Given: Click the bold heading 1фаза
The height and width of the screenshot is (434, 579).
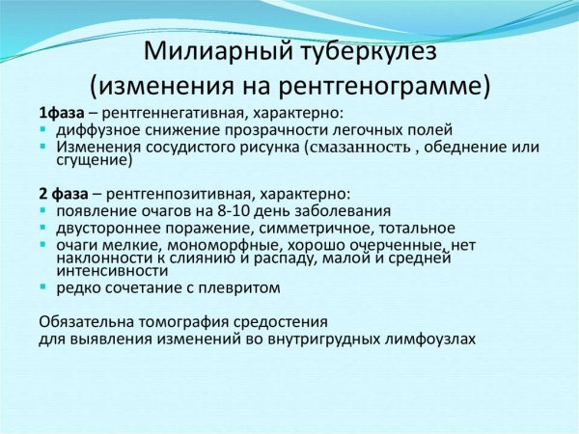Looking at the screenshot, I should click(x=61, y=112).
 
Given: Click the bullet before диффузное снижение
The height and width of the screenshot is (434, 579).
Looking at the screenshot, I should click(x=44, y=130).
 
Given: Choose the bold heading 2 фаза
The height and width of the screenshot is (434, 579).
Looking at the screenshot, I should click(x=63, y=193).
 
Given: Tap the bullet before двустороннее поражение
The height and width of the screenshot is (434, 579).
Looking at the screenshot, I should click(x=44, y=229).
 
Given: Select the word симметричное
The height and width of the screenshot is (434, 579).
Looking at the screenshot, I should click(x=320, y=228).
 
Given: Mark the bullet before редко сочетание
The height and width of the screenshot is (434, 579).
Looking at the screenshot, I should click(x=44, y=288).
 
